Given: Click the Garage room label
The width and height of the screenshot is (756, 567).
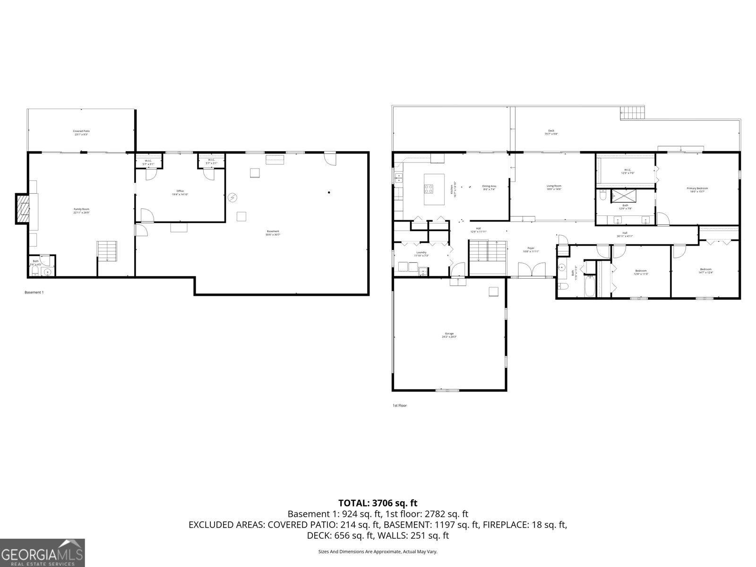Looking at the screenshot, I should click(449, 335).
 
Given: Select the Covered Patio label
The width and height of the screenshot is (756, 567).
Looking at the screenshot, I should click(81, 133).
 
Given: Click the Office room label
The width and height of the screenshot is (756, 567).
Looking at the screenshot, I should click(180, 193).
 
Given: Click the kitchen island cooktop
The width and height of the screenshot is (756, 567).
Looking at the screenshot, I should click(429, 189).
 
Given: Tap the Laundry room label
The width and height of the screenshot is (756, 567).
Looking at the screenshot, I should click(421, 254).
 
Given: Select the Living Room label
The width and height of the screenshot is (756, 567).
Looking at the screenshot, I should click(554, 188).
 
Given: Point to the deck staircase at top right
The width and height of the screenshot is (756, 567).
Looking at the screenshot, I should click(632, 113).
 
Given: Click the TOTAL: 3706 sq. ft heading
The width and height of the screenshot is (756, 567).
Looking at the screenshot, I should click(378, 503).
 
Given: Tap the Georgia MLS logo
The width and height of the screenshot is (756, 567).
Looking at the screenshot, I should click(43, 552).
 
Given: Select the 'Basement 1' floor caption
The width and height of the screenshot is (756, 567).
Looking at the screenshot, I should click(34, 292).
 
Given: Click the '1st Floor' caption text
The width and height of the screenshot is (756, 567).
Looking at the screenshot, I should click(399, 405).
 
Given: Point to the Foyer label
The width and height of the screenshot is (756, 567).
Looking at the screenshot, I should click(531, 249).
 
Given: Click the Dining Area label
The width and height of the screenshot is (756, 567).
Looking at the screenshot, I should click(489, 188).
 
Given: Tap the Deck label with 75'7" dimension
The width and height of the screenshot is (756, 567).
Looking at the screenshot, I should click(551, 132).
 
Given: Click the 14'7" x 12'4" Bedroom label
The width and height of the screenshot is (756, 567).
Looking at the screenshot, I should click(705, 271).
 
